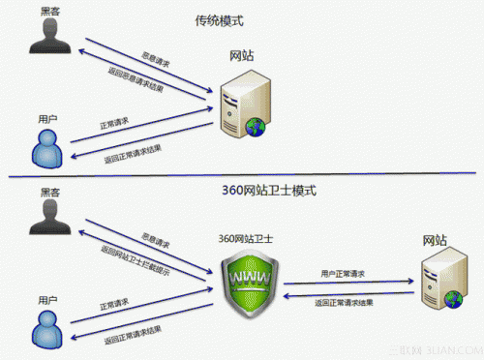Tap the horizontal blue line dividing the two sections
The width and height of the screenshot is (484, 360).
coord(242,177)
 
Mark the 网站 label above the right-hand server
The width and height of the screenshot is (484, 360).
coord(435,238)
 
